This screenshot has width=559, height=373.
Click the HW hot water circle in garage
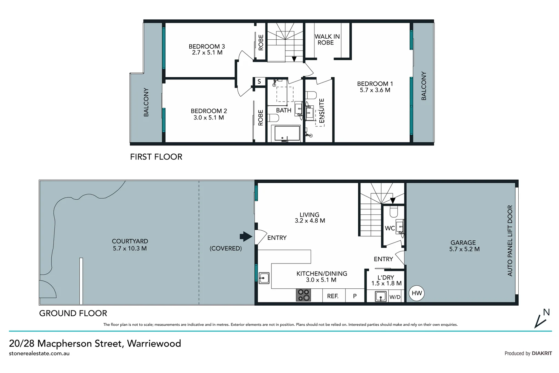click(417, 293)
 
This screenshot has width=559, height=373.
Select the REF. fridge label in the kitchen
click(332, 296)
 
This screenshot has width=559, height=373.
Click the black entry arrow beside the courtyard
click(246, 237)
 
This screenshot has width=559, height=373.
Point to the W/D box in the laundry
click(395, 297)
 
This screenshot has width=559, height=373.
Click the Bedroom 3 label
click(207, 46)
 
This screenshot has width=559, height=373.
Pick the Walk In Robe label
click(327, 39)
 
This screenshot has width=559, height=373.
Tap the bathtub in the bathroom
click(286, 134)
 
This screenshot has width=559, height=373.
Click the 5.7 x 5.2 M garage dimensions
click(464, 249)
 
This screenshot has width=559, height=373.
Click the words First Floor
click(156, 157)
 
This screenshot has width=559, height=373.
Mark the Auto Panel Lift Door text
click(510, 241)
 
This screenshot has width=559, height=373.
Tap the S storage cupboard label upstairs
click(259, 82)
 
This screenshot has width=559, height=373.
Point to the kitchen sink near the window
click(264, 278)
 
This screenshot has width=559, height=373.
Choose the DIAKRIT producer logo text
click(542, 353)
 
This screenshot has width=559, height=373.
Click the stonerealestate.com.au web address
click(39, 354)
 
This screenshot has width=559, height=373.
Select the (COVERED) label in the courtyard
click(226, 248)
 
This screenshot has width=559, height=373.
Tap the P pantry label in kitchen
click(355, 296)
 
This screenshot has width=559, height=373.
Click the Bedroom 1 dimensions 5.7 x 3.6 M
click(375, 90)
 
